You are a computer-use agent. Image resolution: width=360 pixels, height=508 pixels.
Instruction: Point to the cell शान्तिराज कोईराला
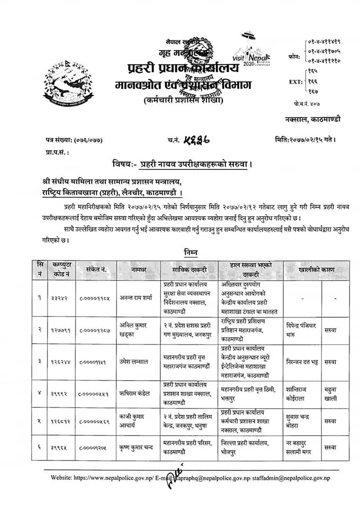[x=301, y=393]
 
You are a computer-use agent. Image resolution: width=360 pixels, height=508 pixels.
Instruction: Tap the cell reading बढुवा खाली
[x=330, y=394]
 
